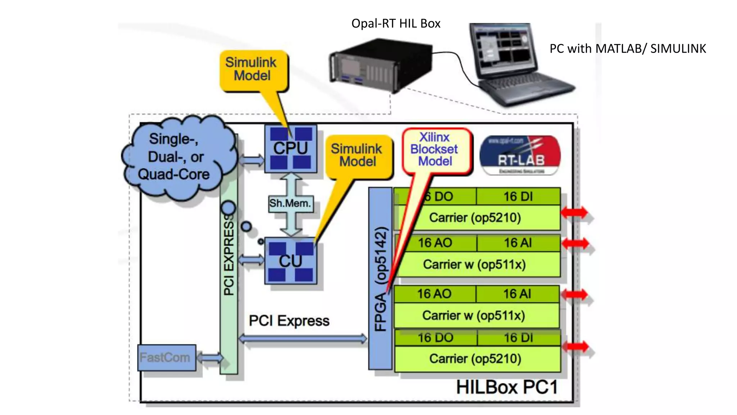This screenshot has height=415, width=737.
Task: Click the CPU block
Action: pyautogui.click(x=291, y=149)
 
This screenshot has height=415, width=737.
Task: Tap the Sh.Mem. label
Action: pyautogui.click(x=290, y=203)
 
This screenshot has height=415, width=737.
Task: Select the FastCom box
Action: pyautogui.click(x=167, y=357)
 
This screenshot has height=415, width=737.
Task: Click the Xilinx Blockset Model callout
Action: pyautogui.click(x=435, y=150)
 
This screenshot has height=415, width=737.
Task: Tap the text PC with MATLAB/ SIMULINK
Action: pyautogui.click(x=628, y=49)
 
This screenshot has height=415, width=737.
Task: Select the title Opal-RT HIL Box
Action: pyautogui.click(x=395, y=23)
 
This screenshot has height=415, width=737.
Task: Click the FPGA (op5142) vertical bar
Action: pyautogui.click(x=380, y=278)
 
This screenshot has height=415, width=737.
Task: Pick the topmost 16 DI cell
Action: pyautogui.click(x=518, y=196)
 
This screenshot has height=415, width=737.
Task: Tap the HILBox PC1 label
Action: pyautogui.click(x=507, y=387)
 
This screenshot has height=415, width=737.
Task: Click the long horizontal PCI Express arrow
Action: pyautogui.click(x=302, y=339)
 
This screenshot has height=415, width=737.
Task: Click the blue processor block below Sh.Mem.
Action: pyautogui.click(x=291, y=261)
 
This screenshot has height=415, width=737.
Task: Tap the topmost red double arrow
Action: pyautogui.click(x=574, y=212)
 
